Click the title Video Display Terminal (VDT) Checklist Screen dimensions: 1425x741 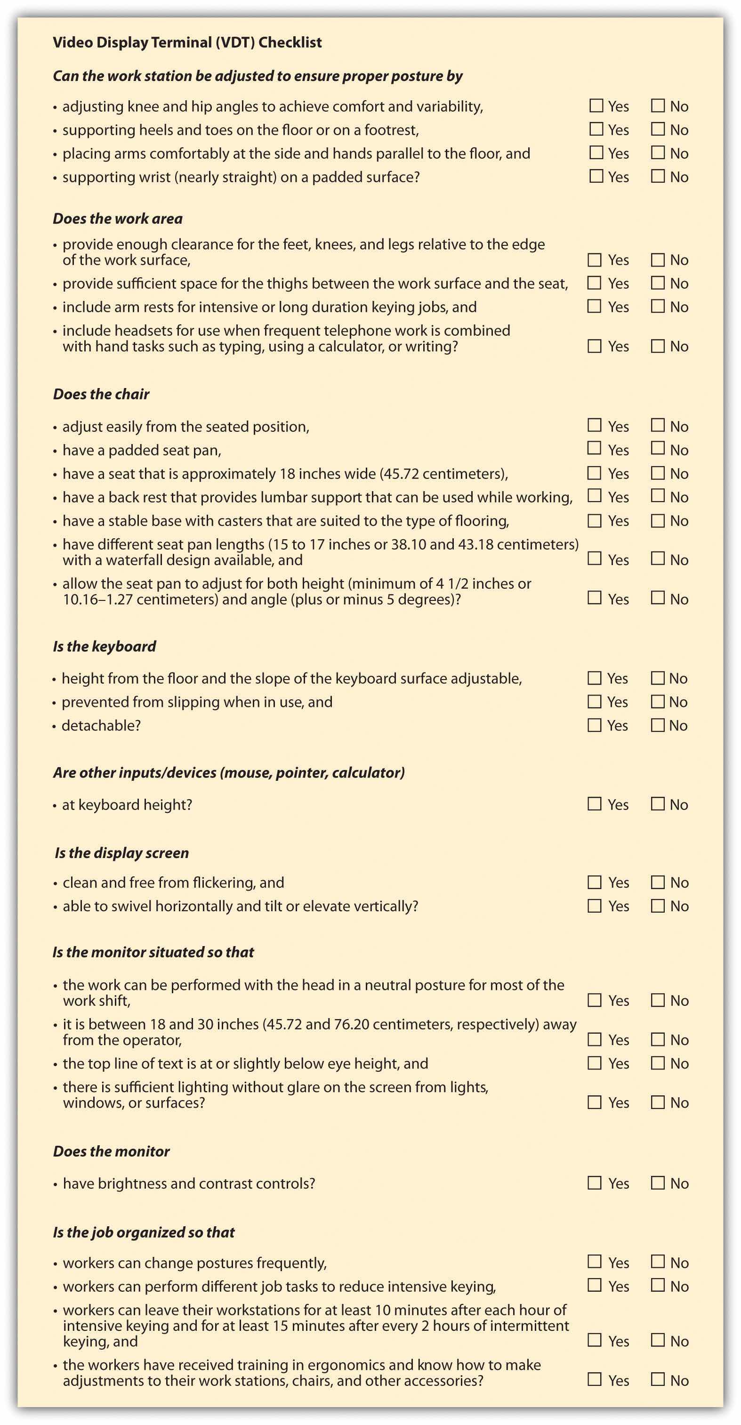click(x=187, y=42)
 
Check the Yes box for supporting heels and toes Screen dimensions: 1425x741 click(x=596, y=129)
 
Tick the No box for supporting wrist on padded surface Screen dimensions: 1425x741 click(x=658, y=176)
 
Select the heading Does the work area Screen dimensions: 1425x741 click(x=117, y=219)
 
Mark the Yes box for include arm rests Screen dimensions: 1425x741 click(x=595, y=306)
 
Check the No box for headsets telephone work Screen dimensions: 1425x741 click(x=658, y=346)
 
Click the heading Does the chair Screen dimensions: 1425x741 click(x=101, y=394)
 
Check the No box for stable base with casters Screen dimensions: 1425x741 click(x=658, y=520)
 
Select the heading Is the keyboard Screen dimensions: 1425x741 click(x=105, y=646)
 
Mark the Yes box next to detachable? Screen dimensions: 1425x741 click(x=595, y=725)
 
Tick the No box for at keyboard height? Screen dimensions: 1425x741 click(x=658, y=804)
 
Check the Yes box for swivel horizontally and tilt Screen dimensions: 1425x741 click(x=595, y=906)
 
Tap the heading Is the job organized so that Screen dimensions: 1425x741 click(x=144, y=1232)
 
